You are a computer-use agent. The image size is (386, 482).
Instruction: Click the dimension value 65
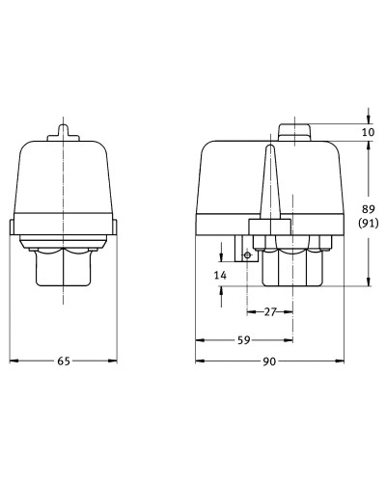[x=64, y=361]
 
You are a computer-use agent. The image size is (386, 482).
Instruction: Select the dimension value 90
[x=269, y=361]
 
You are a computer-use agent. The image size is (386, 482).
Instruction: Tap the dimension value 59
[x=243, y=340]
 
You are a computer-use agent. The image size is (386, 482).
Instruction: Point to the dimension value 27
[x=270, y=311]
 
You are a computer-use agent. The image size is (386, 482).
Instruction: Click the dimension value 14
[x=220, y=275]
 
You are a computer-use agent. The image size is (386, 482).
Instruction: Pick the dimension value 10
[x=368, y=132]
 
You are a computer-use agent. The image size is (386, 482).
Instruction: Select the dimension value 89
[x=369, y=209]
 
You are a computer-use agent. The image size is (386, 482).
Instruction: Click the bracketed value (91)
[x=369, y=223]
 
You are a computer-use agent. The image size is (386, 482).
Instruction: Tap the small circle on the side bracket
[x=247, y=255]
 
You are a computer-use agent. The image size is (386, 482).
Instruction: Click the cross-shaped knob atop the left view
[x=64, y=133]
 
